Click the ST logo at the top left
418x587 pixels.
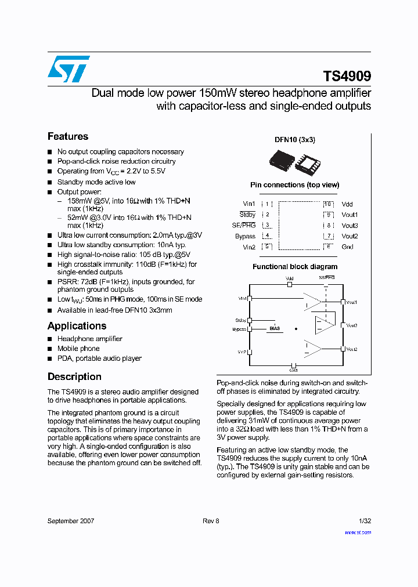click(69, 69)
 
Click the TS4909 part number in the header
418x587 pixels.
click(347, 77)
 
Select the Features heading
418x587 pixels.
click(68, 136)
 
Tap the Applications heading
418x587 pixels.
click(77, 326)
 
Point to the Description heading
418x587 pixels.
click(74, 376)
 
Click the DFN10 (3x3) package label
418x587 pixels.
click(294, 140)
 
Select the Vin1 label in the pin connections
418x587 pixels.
click(248, 204)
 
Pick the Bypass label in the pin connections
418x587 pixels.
click(245, 236)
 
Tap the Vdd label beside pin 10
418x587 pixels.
click(347, 204)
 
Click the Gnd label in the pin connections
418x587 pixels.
click(347, 247)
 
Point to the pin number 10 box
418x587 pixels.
click(328, 204)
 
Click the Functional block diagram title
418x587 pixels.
click(294, 267)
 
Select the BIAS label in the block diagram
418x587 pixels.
click(275, 328)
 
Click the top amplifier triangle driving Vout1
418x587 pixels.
click(313, 301)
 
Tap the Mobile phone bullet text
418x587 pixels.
click(78, 349)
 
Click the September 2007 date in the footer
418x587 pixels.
click(71, 521)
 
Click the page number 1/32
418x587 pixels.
click(365, 521)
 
